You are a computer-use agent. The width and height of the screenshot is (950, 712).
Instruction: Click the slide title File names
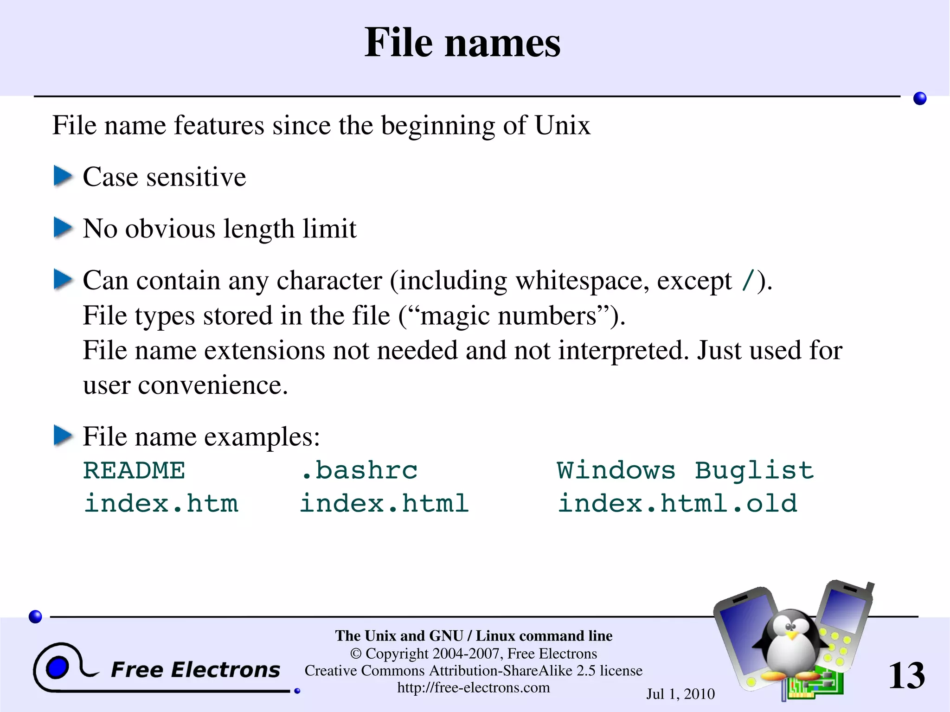pos(462,43)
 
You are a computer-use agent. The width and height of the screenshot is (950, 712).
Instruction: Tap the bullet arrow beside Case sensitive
pos(63,176)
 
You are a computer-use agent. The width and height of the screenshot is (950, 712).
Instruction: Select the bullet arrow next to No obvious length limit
pos(63,228)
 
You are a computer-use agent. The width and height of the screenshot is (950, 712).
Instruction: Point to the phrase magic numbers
pos(508,316)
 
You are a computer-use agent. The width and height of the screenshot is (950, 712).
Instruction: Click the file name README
pos(134,470)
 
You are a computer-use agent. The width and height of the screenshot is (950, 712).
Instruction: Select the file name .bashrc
pos(359,470)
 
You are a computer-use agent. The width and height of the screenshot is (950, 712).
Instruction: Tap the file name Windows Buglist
pos(685,470)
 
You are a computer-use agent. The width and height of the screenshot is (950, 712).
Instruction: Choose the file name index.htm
pos(161,504)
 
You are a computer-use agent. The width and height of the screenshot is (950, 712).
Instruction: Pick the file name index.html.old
pos(677,504)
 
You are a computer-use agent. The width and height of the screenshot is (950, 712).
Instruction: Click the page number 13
pos(906,675)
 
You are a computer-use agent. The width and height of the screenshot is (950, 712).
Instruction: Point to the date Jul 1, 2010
pos(680,694)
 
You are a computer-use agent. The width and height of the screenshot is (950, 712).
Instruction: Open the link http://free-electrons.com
pos(473,687)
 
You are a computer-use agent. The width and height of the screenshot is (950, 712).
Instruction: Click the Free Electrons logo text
pos(195,670)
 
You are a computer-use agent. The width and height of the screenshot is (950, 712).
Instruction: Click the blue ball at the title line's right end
pos(919,98)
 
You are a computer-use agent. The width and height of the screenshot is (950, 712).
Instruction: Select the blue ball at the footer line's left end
pos(35,616)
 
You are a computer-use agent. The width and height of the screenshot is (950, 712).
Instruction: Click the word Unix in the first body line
pos(562,125)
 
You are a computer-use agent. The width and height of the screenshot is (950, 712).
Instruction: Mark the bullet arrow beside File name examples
pos(63,436)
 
